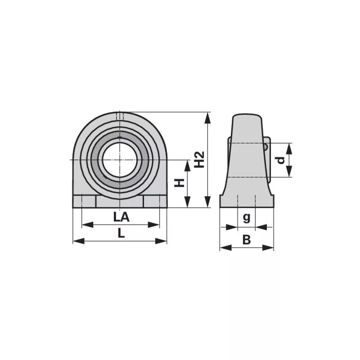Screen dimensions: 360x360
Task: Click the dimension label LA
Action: (x=121, y=217)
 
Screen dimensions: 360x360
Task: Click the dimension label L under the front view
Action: (x=121, y=233)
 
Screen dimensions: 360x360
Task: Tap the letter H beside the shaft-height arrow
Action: (x=179, y=183)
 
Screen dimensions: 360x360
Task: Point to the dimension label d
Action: (x=280, y=160)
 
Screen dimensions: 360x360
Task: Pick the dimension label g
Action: (x=246, y=217)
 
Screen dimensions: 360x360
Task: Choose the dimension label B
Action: (x=247, y=240)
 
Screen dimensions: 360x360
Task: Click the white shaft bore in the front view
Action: (x=119, y=160)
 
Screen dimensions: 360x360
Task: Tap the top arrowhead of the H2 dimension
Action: (x=208, y=118)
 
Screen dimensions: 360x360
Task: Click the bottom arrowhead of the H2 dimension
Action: (x=208, y=202)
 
